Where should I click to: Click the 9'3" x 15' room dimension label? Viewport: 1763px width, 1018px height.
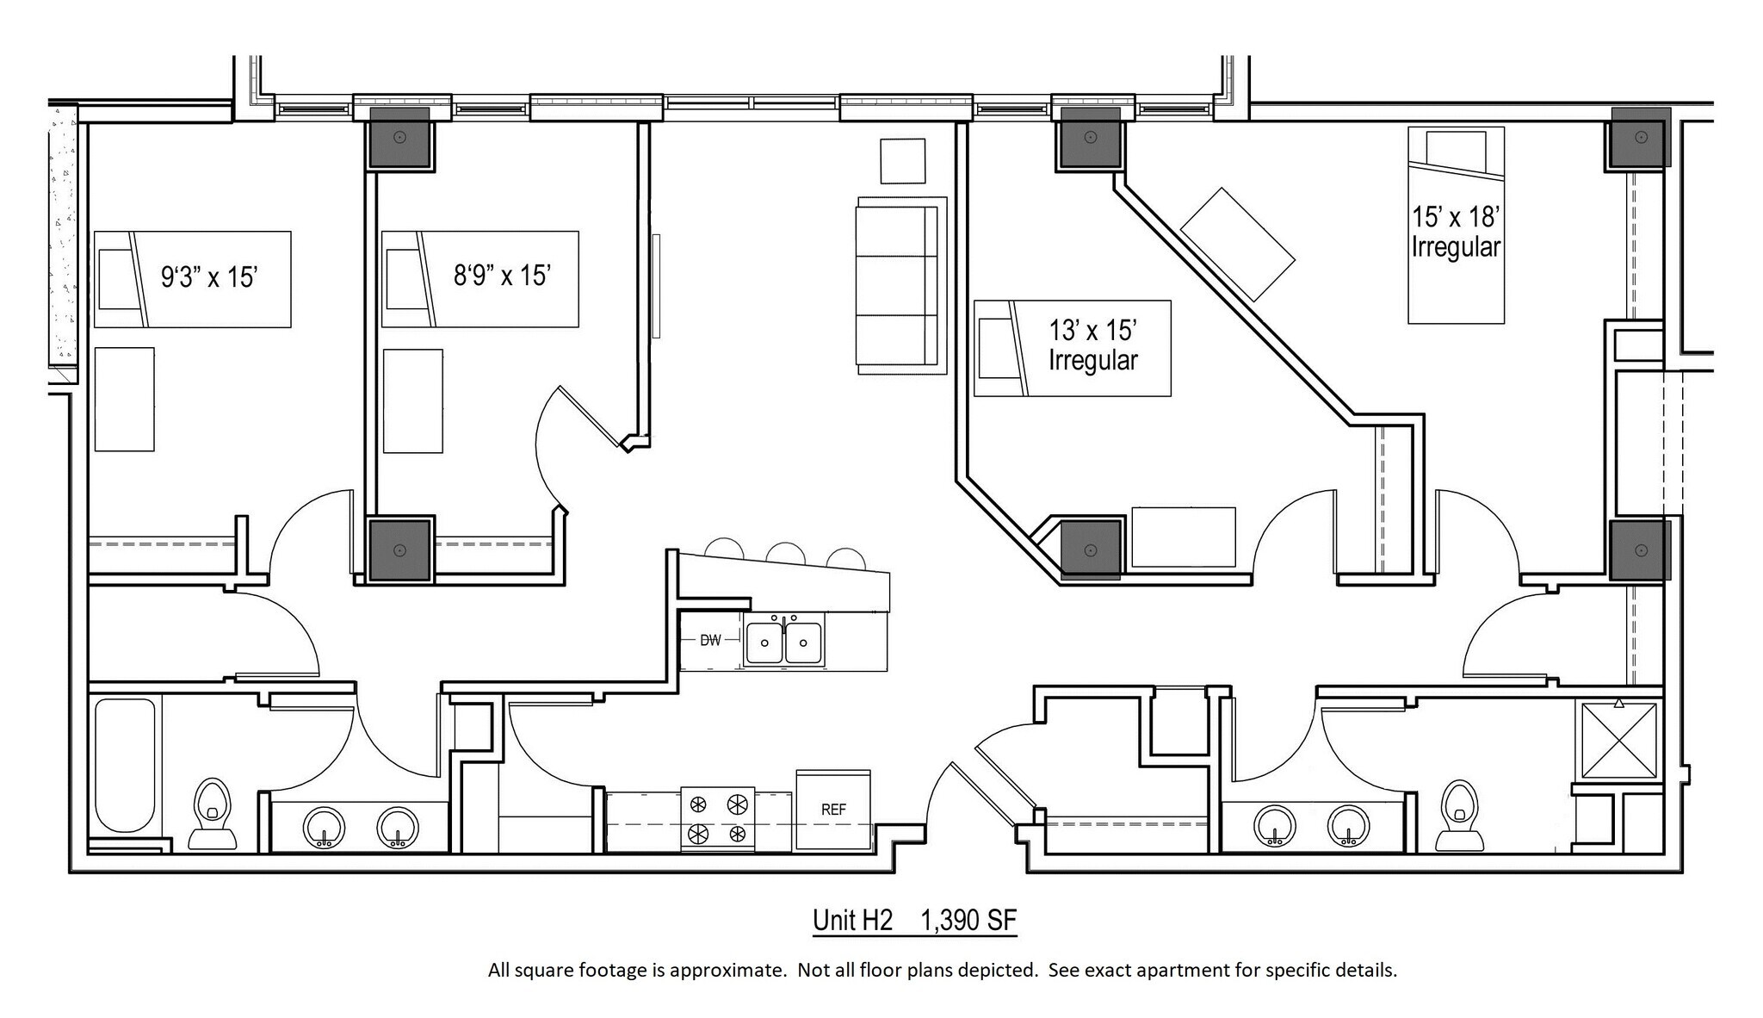pos(210,276)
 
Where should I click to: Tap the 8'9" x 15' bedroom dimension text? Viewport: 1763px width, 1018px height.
pos(502,276)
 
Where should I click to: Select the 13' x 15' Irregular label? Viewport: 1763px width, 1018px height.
pos(1092,345)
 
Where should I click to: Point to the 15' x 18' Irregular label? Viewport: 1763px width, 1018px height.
pos(1456,232)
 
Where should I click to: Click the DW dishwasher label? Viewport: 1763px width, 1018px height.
pos(710,640)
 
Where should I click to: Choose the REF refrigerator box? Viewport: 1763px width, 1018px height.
pos(832,810)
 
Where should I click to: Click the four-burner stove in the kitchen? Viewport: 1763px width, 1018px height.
pos(717,819)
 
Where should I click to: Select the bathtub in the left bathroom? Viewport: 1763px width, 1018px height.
pos(126,765)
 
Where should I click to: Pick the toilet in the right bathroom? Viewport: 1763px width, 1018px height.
pos(1459,815)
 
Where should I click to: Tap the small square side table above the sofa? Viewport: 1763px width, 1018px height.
pos(902,160)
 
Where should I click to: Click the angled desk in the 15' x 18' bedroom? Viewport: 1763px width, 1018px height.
pos(1237,244)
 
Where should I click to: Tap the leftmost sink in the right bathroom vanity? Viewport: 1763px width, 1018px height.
pos(1275,825)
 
